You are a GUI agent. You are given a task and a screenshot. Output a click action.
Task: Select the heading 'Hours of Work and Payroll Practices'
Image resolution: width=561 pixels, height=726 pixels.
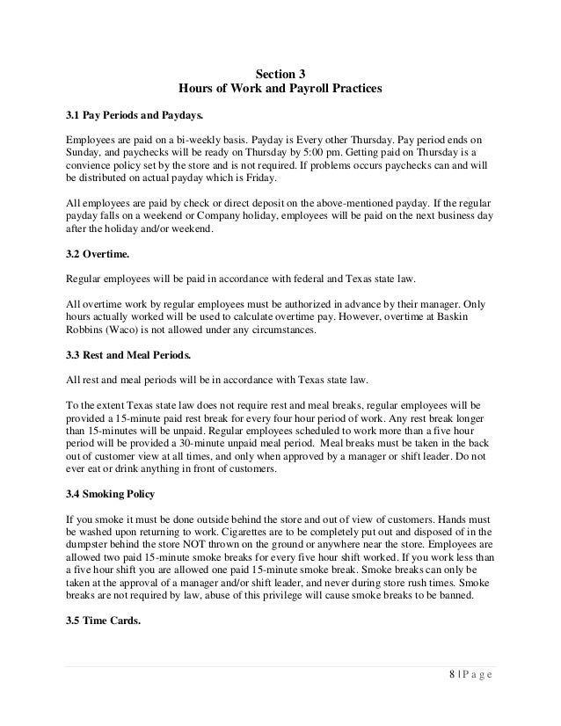(280, 90)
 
